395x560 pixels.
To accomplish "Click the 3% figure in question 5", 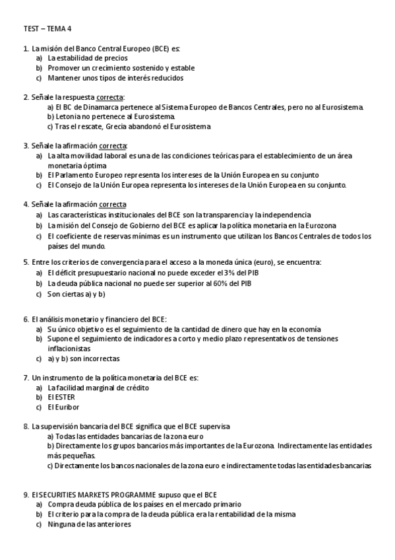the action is tap(207, 273).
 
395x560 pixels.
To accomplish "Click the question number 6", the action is tap(25, 319).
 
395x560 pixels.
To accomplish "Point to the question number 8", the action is tap(25, 427).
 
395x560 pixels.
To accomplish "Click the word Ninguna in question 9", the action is tap(61, 524).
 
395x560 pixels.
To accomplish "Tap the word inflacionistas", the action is tap(69, 349).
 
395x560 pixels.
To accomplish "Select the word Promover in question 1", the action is tap(64, 68).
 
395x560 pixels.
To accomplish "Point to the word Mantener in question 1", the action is tap(65, 78).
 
